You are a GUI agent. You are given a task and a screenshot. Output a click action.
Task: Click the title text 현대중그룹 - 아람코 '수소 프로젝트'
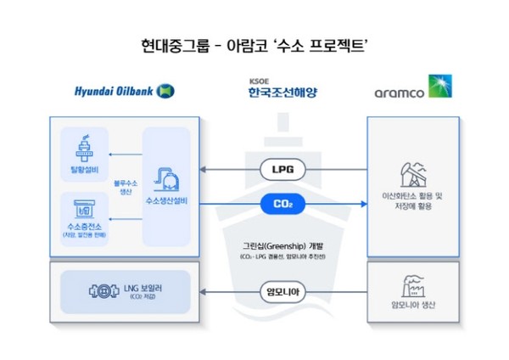[254, 44]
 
